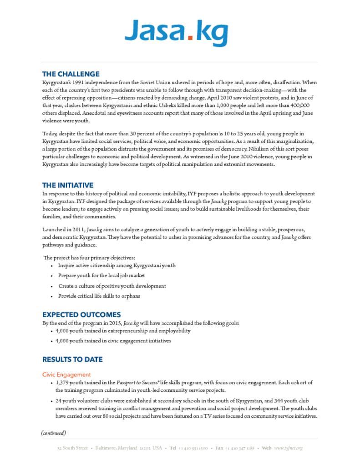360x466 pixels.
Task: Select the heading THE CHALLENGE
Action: tap(71, 74)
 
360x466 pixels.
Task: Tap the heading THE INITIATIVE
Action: tap(68, 185)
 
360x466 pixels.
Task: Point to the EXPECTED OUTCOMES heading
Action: tap(81, 314)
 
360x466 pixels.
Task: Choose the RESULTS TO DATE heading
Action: tap(72, 360)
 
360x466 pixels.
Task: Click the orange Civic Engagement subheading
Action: tap(66, 375)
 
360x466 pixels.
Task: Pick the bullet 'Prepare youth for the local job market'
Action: tap(101, 275)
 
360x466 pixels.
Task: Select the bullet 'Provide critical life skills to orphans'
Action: tap(99, 296)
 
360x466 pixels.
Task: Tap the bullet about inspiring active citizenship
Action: tap(117, 265)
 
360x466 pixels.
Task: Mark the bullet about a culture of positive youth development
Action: tap(112, 286)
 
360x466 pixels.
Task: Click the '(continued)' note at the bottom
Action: tap(53, 432)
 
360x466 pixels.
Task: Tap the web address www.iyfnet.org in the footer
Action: tap(289, 448)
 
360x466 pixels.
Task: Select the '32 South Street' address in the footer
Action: tap(72, 448)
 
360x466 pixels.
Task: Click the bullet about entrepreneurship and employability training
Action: tap(123, 331)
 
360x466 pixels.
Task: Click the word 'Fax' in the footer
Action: tap(219, 448)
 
